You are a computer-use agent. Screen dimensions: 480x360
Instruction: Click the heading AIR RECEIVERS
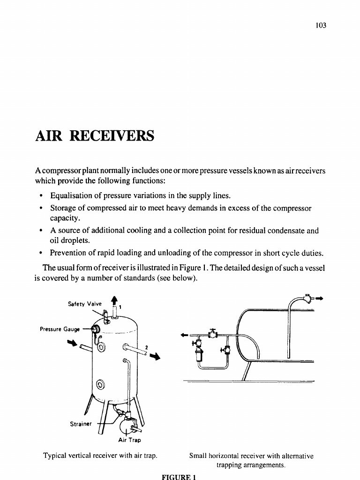(94, 136)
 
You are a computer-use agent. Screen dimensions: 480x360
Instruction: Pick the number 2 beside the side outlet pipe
(147, 347)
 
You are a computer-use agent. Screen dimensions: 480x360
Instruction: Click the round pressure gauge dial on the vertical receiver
(94, 330)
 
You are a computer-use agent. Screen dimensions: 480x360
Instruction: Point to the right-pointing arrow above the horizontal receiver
(321, 298)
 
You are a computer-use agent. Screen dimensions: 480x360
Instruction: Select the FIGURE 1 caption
(178, 476)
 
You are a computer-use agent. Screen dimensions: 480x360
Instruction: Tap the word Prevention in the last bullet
(71, 253)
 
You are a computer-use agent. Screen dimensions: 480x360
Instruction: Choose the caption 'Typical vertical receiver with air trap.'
(100, 455)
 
